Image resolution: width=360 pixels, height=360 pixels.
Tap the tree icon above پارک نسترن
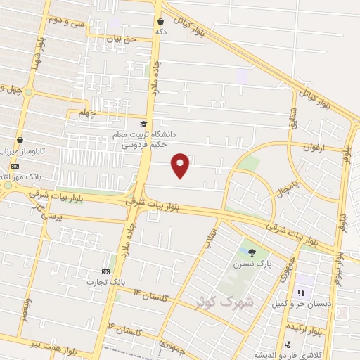tap(252, 252)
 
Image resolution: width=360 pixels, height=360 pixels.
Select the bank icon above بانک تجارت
tap(105, 271)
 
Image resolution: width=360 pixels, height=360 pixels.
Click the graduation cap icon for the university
tap(143, 124)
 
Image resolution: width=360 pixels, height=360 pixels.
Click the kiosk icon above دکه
tap(160, 22)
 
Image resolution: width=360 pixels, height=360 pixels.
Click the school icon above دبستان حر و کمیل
tap(301, 292)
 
